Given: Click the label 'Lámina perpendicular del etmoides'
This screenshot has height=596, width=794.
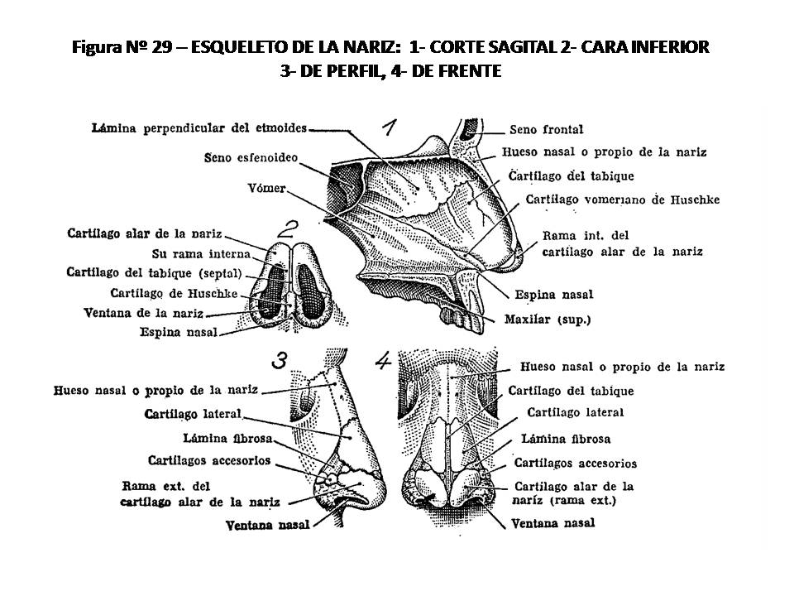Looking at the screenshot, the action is coord(199,128).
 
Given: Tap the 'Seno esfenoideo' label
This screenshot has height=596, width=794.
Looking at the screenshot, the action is coord(250,157).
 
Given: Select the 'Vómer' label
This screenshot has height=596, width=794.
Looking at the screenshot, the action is coord(265,189).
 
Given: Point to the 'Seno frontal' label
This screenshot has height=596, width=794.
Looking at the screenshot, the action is coord(546,129).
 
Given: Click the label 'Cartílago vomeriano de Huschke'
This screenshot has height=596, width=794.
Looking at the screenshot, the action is coord(623,199).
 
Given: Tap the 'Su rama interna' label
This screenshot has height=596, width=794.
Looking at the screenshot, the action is coord(194,253).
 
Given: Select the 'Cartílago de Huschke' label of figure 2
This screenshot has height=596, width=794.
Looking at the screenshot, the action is coord(174,293).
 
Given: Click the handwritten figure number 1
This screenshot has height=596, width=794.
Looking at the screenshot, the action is coord(390,127).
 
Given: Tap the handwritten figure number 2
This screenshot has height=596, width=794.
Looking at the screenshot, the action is coord(289,229).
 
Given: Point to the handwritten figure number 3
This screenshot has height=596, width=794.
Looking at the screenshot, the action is coord(279,360).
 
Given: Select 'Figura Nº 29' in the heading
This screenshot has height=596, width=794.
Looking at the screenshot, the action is coord(121,47).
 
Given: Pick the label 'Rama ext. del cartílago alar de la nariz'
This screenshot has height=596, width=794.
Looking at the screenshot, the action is coord(200,493).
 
